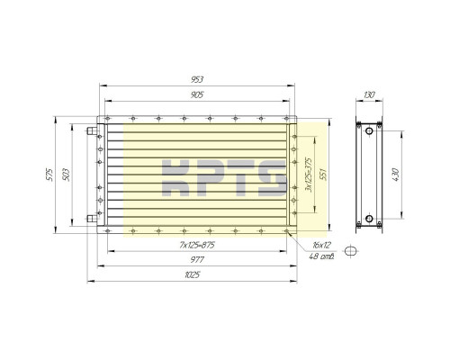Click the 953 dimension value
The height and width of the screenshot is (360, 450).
pyautogui.click(x=197, y=79)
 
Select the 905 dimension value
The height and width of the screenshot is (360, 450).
pyautogui.click(x=197, y=94)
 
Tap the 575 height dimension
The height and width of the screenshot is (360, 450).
pyautogui.click(x=49, y=175)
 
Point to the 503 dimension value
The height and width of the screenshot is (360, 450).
pyautogui.click(x=66, y=175)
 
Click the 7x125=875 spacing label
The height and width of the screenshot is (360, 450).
pyautogui.click(x=197, y=245)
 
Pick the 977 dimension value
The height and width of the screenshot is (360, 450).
pyautogui.click(x=197, y=259)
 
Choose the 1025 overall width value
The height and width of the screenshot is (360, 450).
pyautogui.click(x=192, y=274)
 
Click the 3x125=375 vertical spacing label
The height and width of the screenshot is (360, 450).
pyautogui.click(x=309, y=175)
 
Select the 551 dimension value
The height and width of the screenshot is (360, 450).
pyautogui.click(x=323, y=175)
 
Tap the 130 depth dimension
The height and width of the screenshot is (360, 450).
pyautogui.click(x=369, y=94)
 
